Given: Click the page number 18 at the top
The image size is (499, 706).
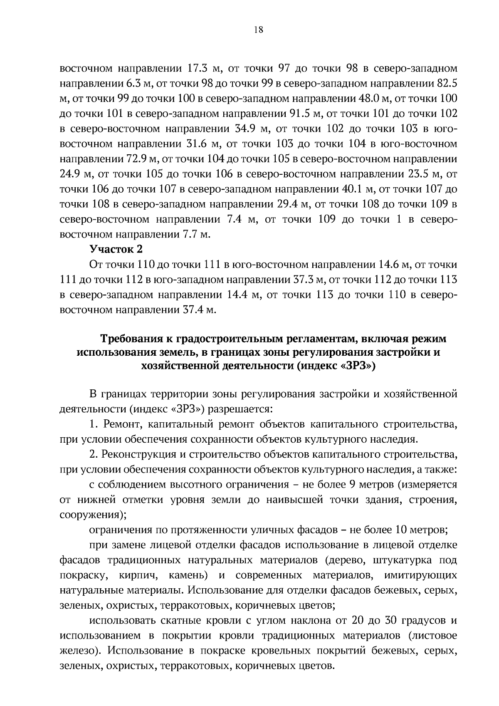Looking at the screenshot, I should [258, 30].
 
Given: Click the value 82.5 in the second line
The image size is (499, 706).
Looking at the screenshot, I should [447, 83].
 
